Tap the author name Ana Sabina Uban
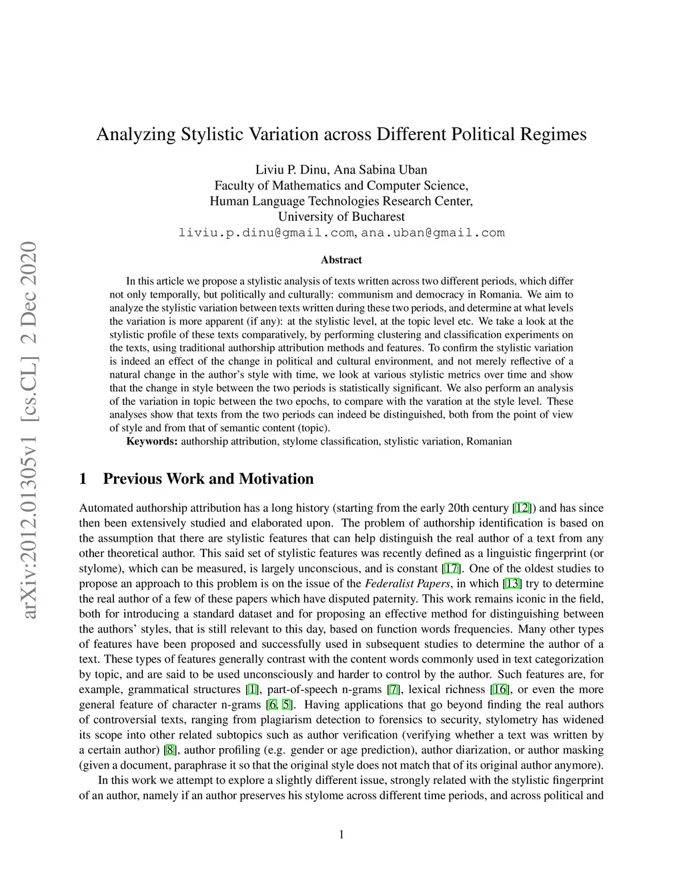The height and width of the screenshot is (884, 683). pyautogui.click(x=385, y=169)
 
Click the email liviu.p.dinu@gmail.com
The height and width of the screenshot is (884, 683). pyautogui.click(x=266, y=233)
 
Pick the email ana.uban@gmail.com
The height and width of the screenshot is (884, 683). pyautogui.click(x=433, y=233)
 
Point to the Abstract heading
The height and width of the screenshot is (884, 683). pyautogui.click(x=341, y=260)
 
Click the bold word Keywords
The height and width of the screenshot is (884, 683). pyautogui.click(x=152, y=441)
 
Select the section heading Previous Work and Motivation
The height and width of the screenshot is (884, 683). pyautogui.click(x=208, y=478)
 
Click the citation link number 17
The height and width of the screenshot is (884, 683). pyautogui.click(x=451, y=568)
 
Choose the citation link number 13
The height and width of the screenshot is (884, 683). pyautogui.click(x=512, y=584)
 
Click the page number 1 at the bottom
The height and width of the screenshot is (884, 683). pyautogui.click(x=341, y=834)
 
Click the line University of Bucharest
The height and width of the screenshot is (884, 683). pyautogui.click(x=341, y=217)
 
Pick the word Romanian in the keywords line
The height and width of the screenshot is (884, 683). pyautogui.click(x=489, y=441)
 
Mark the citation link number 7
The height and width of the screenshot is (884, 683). pyautogui.click(x=394, y=689)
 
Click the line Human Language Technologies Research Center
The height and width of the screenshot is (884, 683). pyautogui.click(x=341, y=201)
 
